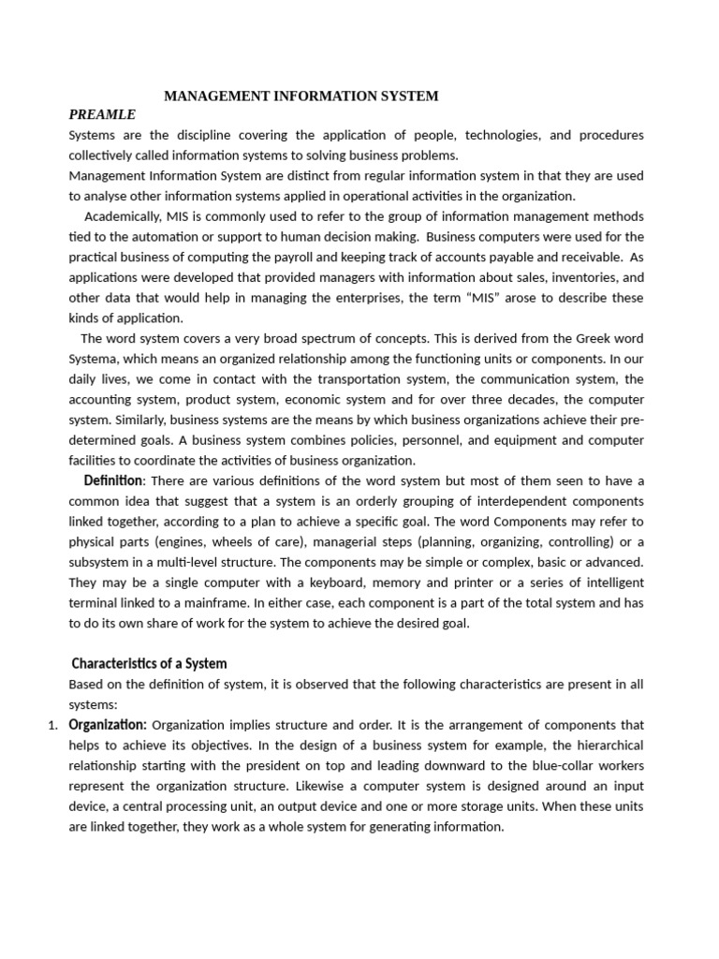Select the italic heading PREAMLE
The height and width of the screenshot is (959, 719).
(102, 114)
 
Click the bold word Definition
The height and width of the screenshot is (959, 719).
(112, 480)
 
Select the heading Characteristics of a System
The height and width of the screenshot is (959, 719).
(150, 663)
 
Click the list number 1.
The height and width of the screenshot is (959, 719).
(52, 725)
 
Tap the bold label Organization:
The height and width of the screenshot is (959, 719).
(108, 725)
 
